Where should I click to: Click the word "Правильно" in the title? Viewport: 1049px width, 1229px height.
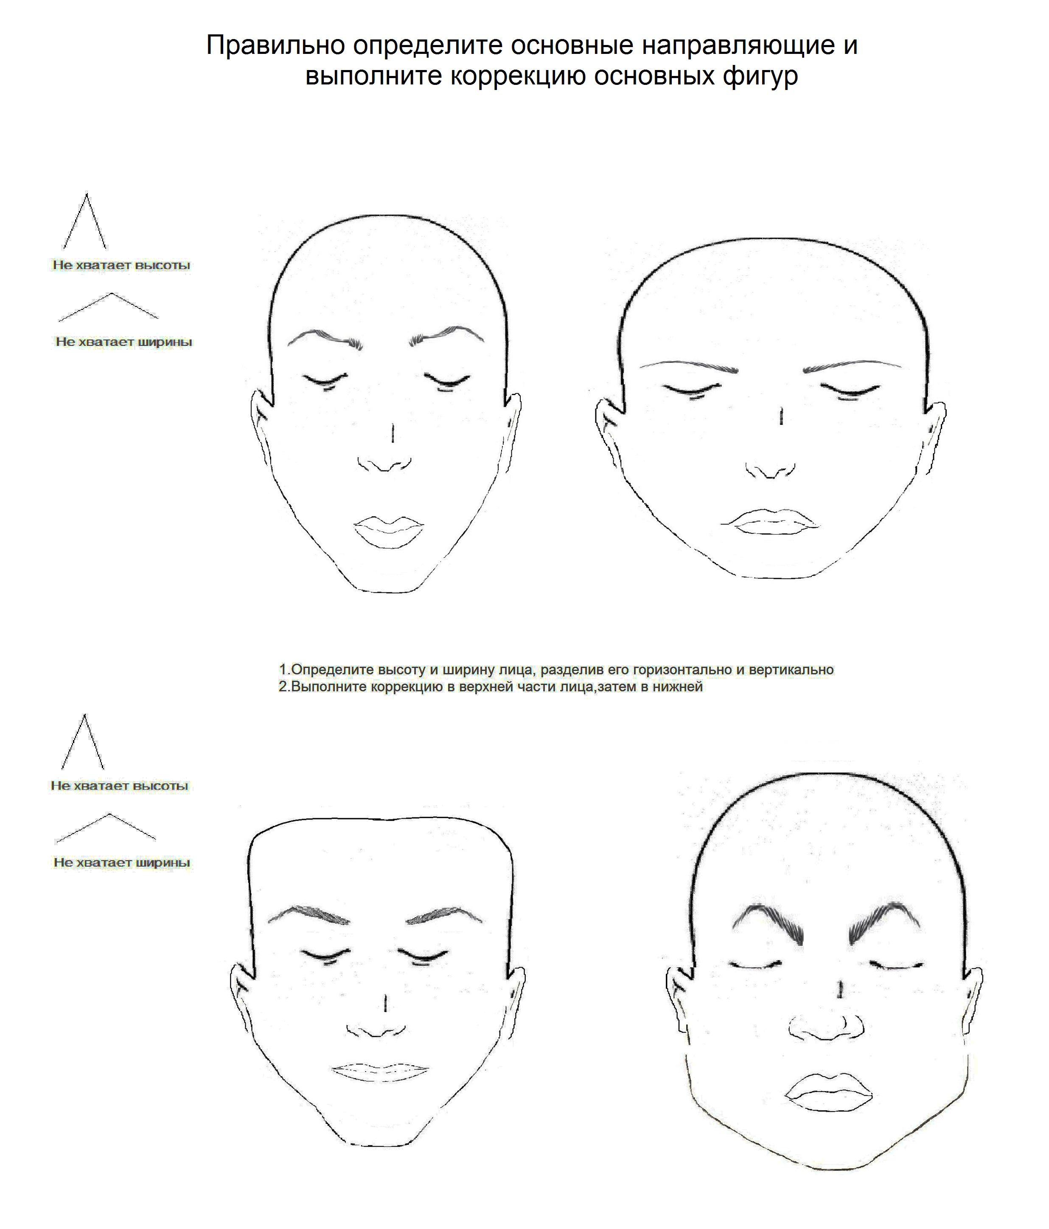(x=276, y=46)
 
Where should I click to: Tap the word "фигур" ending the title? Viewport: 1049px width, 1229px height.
(x=760, y=76)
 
